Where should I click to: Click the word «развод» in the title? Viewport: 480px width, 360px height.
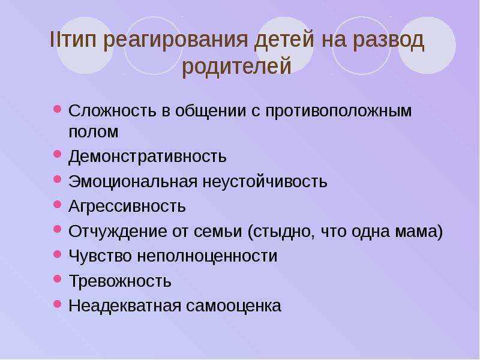(388, 40)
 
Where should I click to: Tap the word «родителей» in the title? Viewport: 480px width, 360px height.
(236, 67)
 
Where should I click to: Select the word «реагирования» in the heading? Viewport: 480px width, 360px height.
(175, 40)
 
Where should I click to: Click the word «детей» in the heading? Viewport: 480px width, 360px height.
(284, 40)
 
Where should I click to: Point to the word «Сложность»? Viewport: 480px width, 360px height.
(112, 110)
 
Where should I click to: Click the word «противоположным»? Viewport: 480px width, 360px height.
(338, 111)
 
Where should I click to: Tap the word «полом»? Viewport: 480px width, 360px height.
(94, 131)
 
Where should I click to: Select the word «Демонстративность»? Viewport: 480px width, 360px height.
(148, 156)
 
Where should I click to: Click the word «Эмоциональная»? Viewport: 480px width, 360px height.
(133, 182)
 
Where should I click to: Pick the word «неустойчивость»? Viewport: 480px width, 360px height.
(265, 182)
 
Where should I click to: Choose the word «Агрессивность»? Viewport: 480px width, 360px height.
(127, 206)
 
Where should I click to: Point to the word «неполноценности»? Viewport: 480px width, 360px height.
(207, 256)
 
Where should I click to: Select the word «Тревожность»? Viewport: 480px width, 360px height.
(120, 281)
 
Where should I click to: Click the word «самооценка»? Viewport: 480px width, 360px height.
(233, 306)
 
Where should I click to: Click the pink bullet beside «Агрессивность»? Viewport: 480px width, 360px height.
(58, 204)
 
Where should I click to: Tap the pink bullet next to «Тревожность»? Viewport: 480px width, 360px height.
(58, 278)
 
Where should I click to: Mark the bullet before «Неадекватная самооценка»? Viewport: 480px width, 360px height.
(58, 304)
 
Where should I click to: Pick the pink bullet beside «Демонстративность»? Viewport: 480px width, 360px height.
(58, 154)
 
